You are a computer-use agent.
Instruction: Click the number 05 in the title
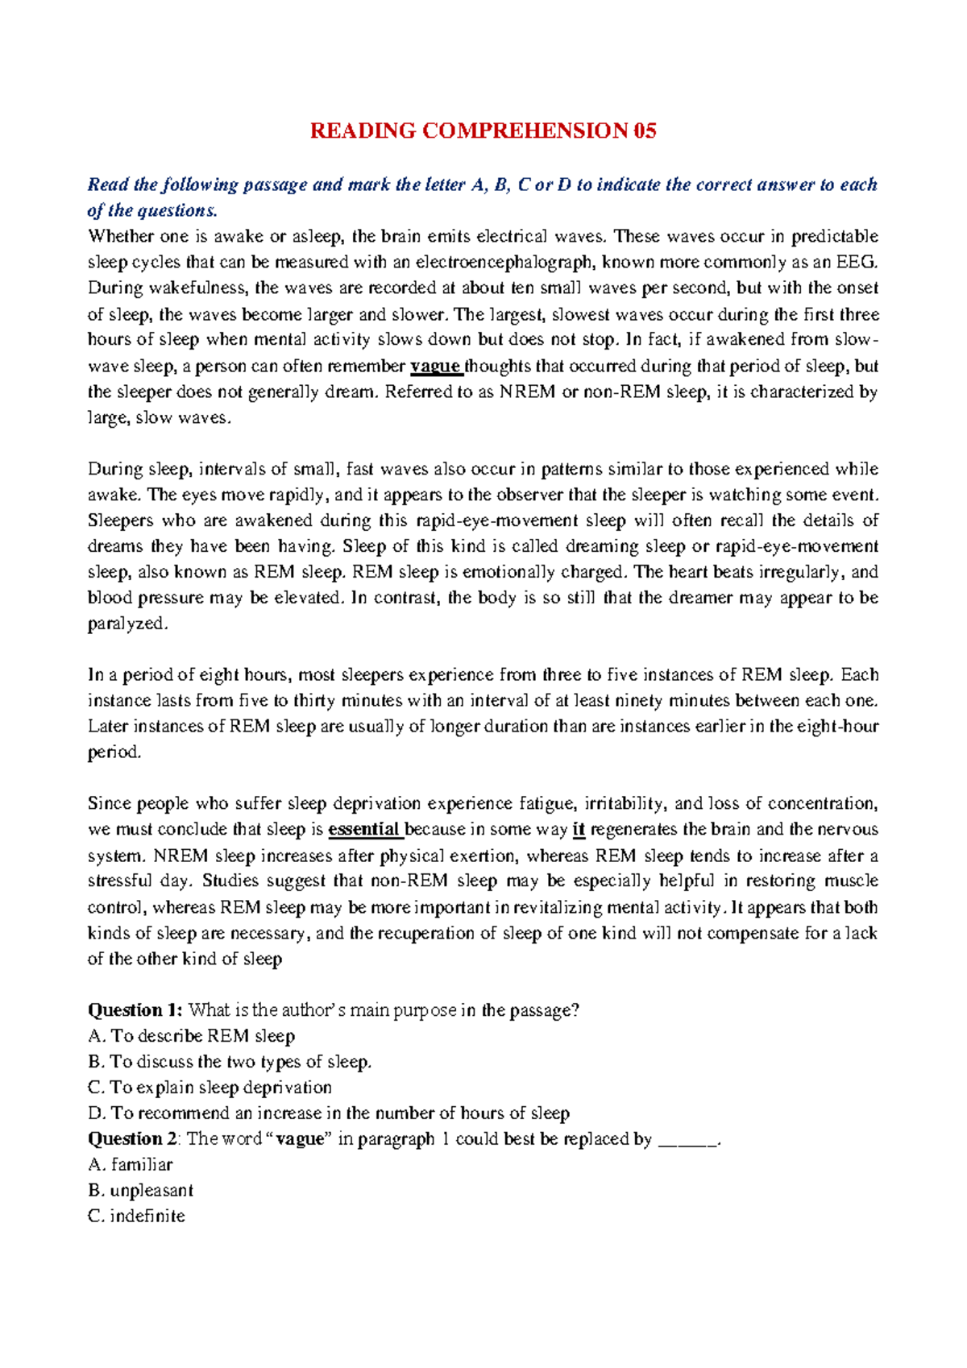tap(645, 131)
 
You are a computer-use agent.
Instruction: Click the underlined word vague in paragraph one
tap(435, 367)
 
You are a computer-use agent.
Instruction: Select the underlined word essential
tap(364, 830)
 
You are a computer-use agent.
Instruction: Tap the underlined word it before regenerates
tap(579, 830)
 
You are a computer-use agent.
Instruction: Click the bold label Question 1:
tap(135, 1010)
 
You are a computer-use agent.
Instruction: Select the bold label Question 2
tap(132, 1139)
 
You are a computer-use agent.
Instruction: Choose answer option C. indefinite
tap(136, 1217)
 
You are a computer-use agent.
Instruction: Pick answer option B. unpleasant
tap(140, 1191)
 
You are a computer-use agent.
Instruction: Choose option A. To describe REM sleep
tap(191, 1036)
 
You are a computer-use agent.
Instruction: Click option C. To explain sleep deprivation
tap(210, 1088)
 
